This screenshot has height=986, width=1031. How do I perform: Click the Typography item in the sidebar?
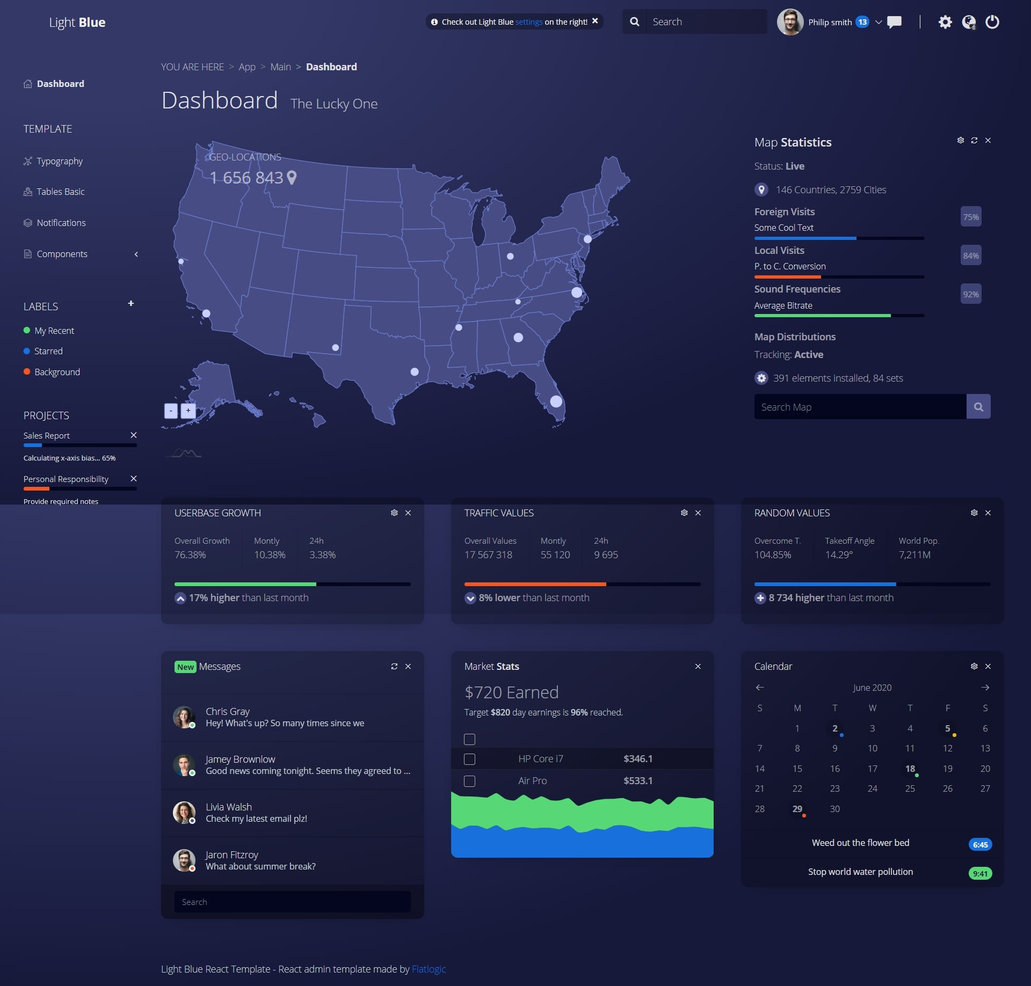click(59, 161)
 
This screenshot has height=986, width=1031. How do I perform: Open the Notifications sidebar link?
click(61, 223)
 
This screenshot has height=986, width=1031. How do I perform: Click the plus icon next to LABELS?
click(130, 303)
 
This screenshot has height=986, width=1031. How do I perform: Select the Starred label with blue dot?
click(48, 351)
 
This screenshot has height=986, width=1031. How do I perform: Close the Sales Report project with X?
click(134, 435)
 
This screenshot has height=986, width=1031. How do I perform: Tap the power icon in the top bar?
click(992, 22)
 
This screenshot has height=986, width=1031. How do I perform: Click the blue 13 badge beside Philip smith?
click(862, 22)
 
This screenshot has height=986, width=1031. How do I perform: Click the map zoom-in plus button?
click(188, 411)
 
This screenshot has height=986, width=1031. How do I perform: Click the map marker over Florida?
click(556, 401)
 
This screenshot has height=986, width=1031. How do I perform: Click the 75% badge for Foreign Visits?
click(970, 217)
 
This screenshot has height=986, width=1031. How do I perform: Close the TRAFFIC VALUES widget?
click(698, 513)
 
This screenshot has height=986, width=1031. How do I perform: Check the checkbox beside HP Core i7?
click(469, 759)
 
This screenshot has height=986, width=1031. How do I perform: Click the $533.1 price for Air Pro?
click(637, 781)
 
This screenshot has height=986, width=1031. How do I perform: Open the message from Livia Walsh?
click(256, 813)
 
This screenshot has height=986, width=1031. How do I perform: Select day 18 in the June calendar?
click(910, 769)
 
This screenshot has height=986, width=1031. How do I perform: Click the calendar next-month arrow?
click(985, 688)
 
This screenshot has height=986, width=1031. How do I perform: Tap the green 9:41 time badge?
click(980, 874)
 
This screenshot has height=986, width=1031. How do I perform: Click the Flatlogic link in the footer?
click(429, 969)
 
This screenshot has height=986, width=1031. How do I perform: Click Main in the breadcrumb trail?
click(280, 67)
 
